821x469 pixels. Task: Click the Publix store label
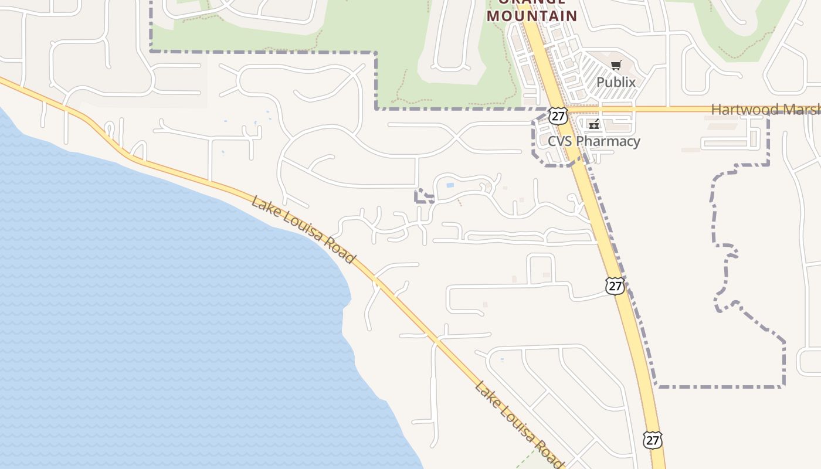pyautogui.click(x=616, y=82)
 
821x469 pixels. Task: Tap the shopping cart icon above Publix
pyautogui.click(x=616, y=66)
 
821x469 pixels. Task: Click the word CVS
pyautogui.click(x=560, y=141)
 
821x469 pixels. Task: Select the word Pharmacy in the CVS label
pyautogui.click(x=608, y=141)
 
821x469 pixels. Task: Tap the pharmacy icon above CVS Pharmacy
pyautogui.click(x=593, y=124)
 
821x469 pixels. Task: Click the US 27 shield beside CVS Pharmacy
pyautogui.click(x=558, y=115)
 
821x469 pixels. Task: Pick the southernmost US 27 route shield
pyautogui.click(x=652, y=440)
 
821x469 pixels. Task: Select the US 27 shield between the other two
pyautogui.click(x=615, y=286)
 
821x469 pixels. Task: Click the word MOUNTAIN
pyautogui.click(x=532, y=16)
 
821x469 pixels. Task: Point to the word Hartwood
pyautogui.click(x=745, y=110)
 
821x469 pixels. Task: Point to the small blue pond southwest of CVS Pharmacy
pyautogui.click(x=450, y=185)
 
